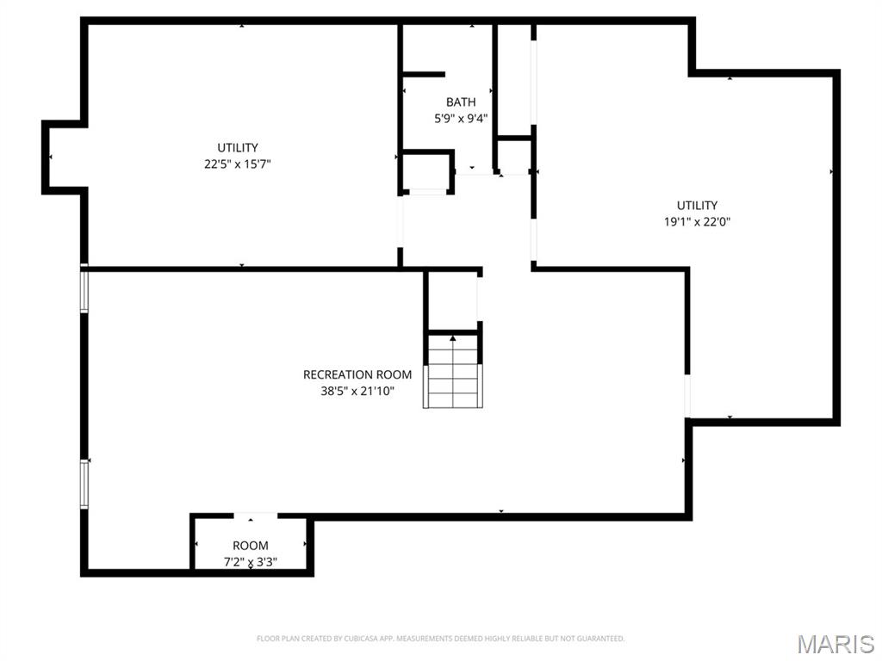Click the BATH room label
point(460,102)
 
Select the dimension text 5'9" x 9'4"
point(460,119)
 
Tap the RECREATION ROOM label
point(357,374)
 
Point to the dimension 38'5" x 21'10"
point(357,391)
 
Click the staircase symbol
point(452,373)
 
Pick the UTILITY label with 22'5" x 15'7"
point(237,147)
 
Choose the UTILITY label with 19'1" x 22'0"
point(697,205)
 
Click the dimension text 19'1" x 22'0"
point(697,221)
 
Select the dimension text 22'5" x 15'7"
point(237,164)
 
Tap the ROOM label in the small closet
point(250,546)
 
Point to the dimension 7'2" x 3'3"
point(250,562)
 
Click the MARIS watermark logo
point(835,643)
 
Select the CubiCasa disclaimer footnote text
point(440,639)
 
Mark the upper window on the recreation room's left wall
point(84,290)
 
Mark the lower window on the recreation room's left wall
point(84,483)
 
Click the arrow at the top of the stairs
point(452,338)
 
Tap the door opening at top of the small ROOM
point(256,516)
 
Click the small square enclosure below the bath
point(427,171)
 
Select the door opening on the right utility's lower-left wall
point(687,396)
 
